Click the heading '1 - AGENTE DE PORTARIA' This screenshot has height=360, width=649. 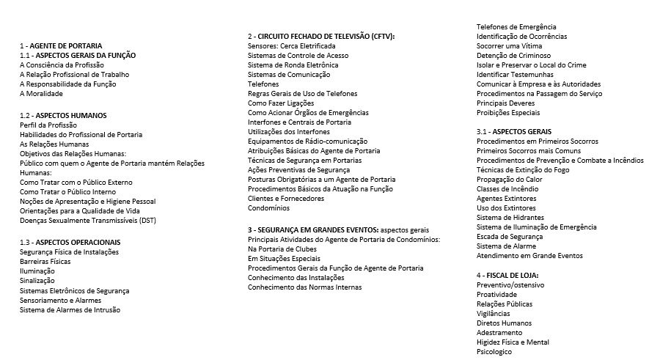pos(61,46)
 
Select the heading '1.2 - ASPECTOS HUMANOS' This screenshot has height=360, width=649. pos(63,116)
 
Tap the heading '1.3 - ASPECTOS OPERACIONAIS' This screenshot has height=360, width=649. pos(70,243)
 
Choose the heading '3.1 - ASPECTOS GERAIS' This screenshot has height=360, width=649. pos(514,132)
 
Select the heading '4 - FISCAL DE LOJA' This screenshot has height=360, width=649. pos(512,275)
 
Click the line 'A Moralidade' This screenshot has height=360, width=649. pos(41,94)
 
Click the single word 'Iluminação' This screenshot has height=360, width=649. pos(37,271)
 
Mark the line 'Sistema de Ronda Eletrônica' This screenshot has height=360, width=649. pos(293,65)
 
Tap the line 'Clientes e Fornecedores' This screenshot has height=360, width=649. pos(285,199)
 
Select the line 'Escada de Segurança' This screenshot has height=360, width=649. pos(510,237)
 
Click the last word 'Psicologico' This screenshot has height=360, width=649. pos(494,352)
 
